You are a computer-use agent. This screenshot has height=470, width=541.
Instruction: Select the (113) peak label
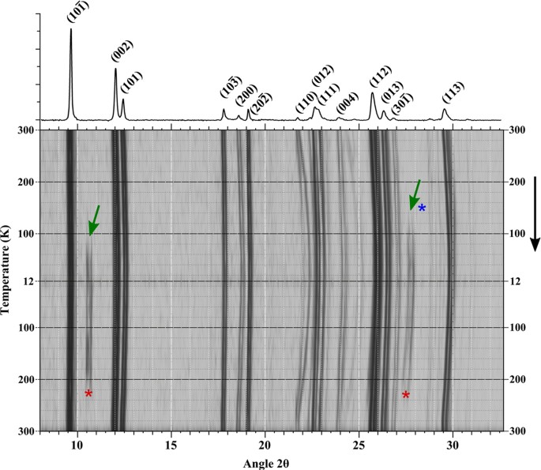coord(453,93)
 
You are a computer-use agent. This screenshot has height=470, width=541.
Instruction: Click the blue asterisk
coord(422,209)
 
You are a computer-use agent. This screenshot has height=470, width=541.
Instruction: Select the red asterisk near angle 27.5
coord(406,395)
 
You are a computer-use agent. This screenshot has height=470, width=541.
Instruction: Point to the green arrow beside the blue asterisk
coord(415,195)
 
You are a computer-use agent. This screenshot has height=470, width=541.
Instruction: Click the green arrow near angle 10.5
coord(94,220)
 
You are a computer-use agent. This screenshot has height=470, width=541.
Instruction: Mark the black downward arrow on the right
coord(535,213)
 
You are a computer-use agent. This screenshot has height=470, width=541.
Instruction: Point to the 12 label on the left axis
coord(27,281)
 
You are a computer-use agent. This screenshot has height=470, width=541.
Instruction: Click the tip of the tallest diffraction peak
coord(71,29)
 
